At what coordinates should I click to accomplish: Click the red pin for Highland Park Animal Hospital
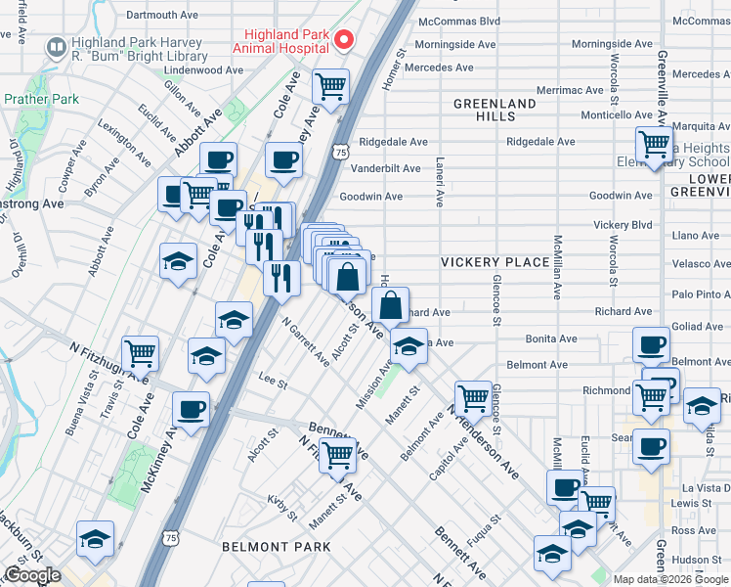coord(343,40)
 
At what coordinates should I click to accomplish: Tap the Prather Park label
coord(40,99)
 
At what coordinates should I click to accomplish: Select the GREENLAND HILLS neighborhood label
coord(494,110)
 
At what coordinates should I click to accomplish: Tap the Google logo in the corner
coord(32,575)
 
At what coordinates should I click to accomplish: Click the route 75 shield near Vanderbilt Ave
coord(339,152)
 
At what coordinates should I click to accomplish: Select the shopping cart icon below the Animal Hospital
coord(331,85)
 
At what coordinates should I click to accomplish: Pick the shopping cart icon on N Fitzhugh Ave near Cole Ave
coord(141,352)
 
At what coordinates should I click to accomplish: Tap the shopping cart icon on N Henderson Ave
coord(473,397)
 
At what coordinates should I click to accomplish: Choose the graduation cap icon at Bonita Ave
coord(408,345)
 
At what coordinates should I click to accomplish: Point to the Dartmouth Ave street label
coord(162,16)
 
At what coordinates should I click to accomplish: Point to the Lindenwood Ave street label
coord(203,70)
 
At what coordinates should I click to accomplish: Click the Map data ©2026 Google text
coord(670,579)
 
